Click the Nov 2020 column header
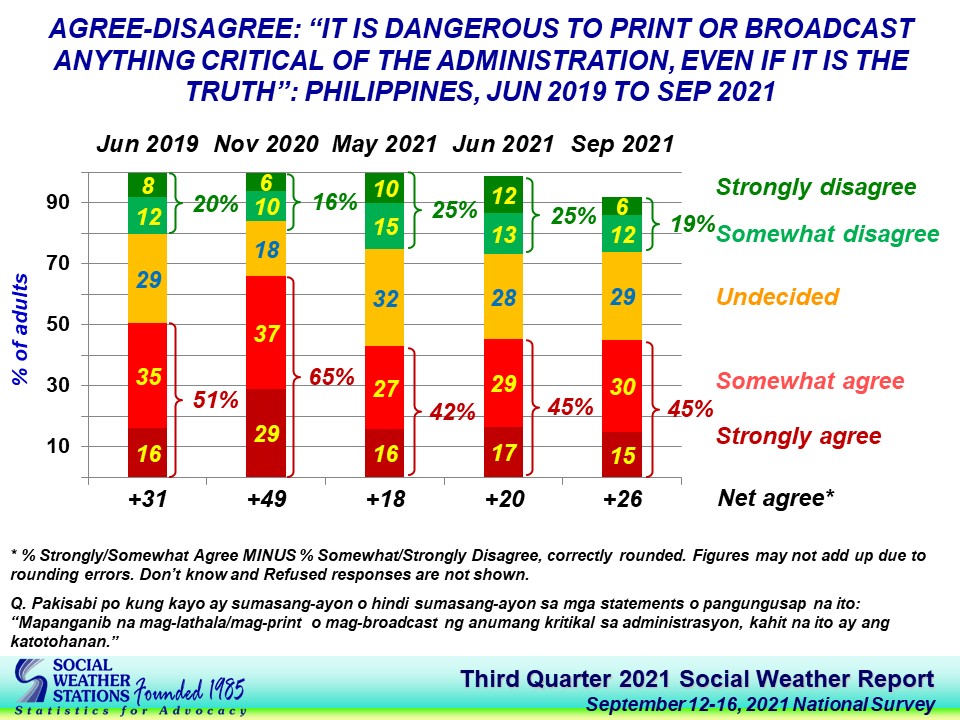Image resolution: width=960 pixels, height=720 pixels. tap(267, 144)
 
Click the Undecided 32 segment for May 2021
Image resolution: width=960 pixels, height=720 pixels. tap(386, 297)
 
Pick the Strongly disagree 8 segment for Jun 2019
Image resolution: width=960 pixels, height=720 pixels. tap(148, 185)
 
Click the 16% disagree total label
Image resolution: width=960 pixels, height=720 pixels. tap(335, 202)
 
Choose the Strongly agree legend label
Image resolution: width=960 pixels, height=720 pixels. tap(798, 436)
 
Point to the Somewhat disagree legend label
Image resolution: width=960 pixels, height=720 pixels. tap(828, 234)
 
